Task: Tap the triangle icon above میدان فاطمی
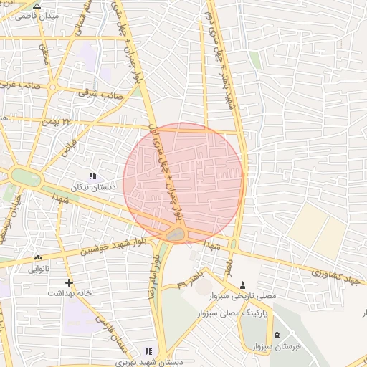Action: click(37, 5)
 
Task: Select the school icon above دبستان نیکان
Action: click(92, 175)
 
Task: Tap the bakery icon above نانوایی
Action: click(38, 258)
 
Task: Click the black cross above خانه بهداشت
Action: click(69, 282)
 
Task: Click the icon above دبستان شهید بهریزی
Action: click(148, 351)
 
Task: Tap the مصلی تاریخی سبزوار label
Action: click(261, 295)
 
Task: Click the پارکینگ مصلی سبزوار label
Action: click(261, 314)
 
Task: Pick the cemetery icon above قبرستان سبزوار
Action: click(277, 335)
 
